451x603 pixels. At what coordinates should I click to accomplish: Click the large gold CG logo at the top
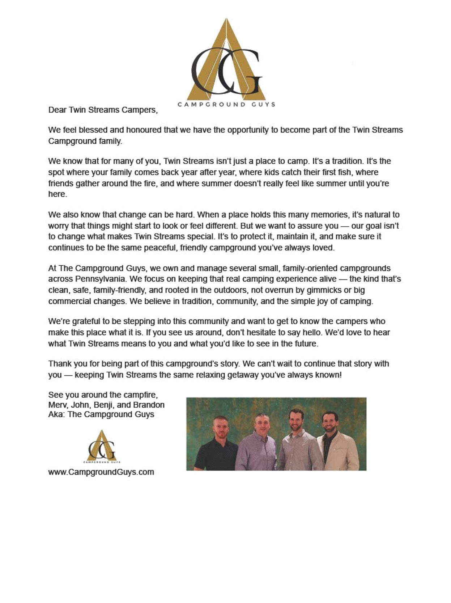(x=226, y=62)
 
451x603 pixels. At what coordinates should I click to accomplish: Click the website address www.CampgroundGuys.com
(x=101, y=472)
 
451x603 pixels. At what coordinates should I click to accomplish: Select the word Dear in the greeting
(x=57, y=110)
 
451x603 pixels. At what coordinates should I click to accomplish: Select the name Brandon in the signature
(x=149, y=405)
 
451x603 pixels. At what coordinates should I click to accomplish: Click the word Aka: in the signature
(x=56, y=414)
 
